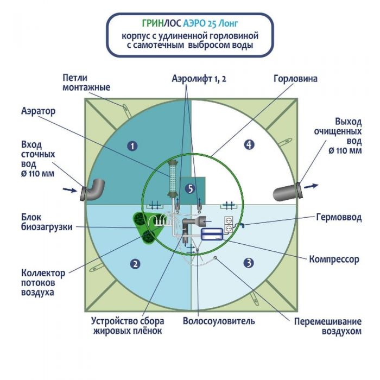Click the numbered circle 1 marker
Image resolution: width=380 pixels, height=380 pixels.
click(131, 145)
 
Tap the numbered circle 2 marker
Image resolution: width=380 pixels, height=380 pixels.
click(135, 264)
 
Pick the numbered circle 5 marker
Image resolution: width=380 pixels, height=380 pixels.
click(189, 188)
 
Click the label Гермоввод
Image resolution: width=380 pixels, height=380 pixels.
click(338, 217)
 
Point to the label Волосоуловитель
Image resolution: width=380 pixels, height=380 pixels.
click(218, 321)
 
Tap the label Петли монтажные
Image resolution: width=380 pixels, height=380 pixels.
click(86, 83)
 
